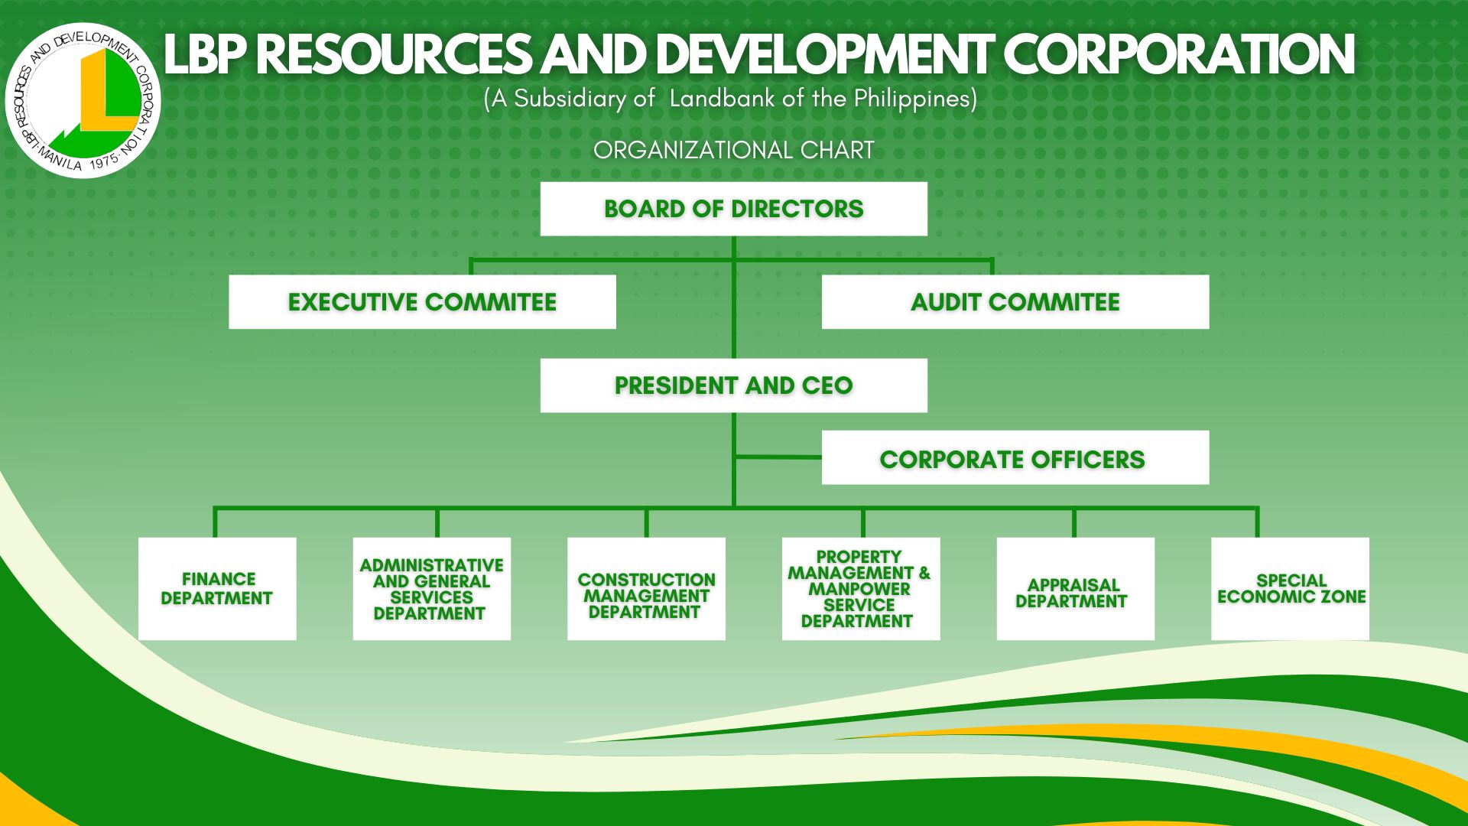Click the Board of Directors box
733,209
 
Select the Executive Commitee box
422,302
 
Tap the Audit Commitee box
1015,302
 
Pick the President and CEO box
733,385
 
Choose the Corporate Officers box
1015,457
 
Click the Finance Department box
217,589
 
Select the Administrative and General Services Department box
432,589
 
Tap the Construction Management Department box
646,589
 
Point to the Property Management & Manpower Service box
861,589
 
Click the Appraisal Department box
1076,589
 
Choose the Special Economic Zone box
1291,589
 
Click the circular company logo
83,100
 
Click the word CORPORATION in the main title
1178,54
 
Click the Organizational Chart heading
734,150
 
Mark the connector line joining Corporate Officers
778,457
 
